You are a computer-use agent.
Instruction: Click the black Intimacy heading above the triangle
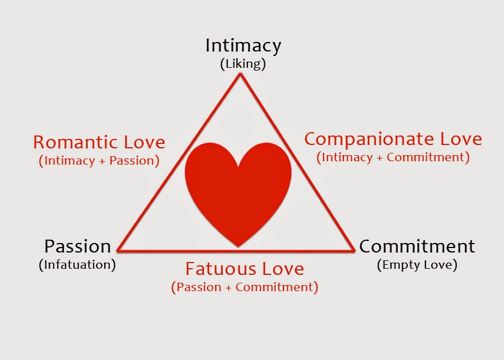244,46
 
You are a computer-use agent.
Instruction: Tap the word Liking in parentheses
243,64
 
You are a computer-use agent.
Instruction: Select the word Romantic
75,142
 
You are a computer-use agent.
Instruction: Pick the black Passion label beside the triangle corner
77,247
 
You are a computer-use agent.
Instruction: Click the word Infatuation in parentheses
77,265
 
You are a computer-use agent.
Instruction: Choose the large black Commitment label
417,247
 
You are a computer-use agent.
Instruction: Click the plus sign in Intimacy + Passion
102,161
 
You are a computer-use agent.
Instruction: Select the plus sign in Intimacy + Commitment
379,158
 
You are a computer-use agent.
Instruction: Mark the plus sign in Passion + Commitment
228,287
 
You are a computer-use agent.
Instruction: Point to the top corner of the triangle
240,73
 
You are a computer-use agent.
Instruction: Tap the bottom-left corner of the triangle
118,250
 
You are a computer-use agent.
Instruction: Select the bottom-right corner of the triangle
354,250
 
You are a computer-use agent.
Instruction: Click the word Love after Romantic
144,142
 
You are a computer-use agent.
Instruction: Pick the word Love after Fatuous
283,269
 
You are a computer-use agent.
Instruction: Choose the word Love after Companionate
461,139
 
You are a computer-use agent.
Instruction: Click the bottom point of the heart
238,247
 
